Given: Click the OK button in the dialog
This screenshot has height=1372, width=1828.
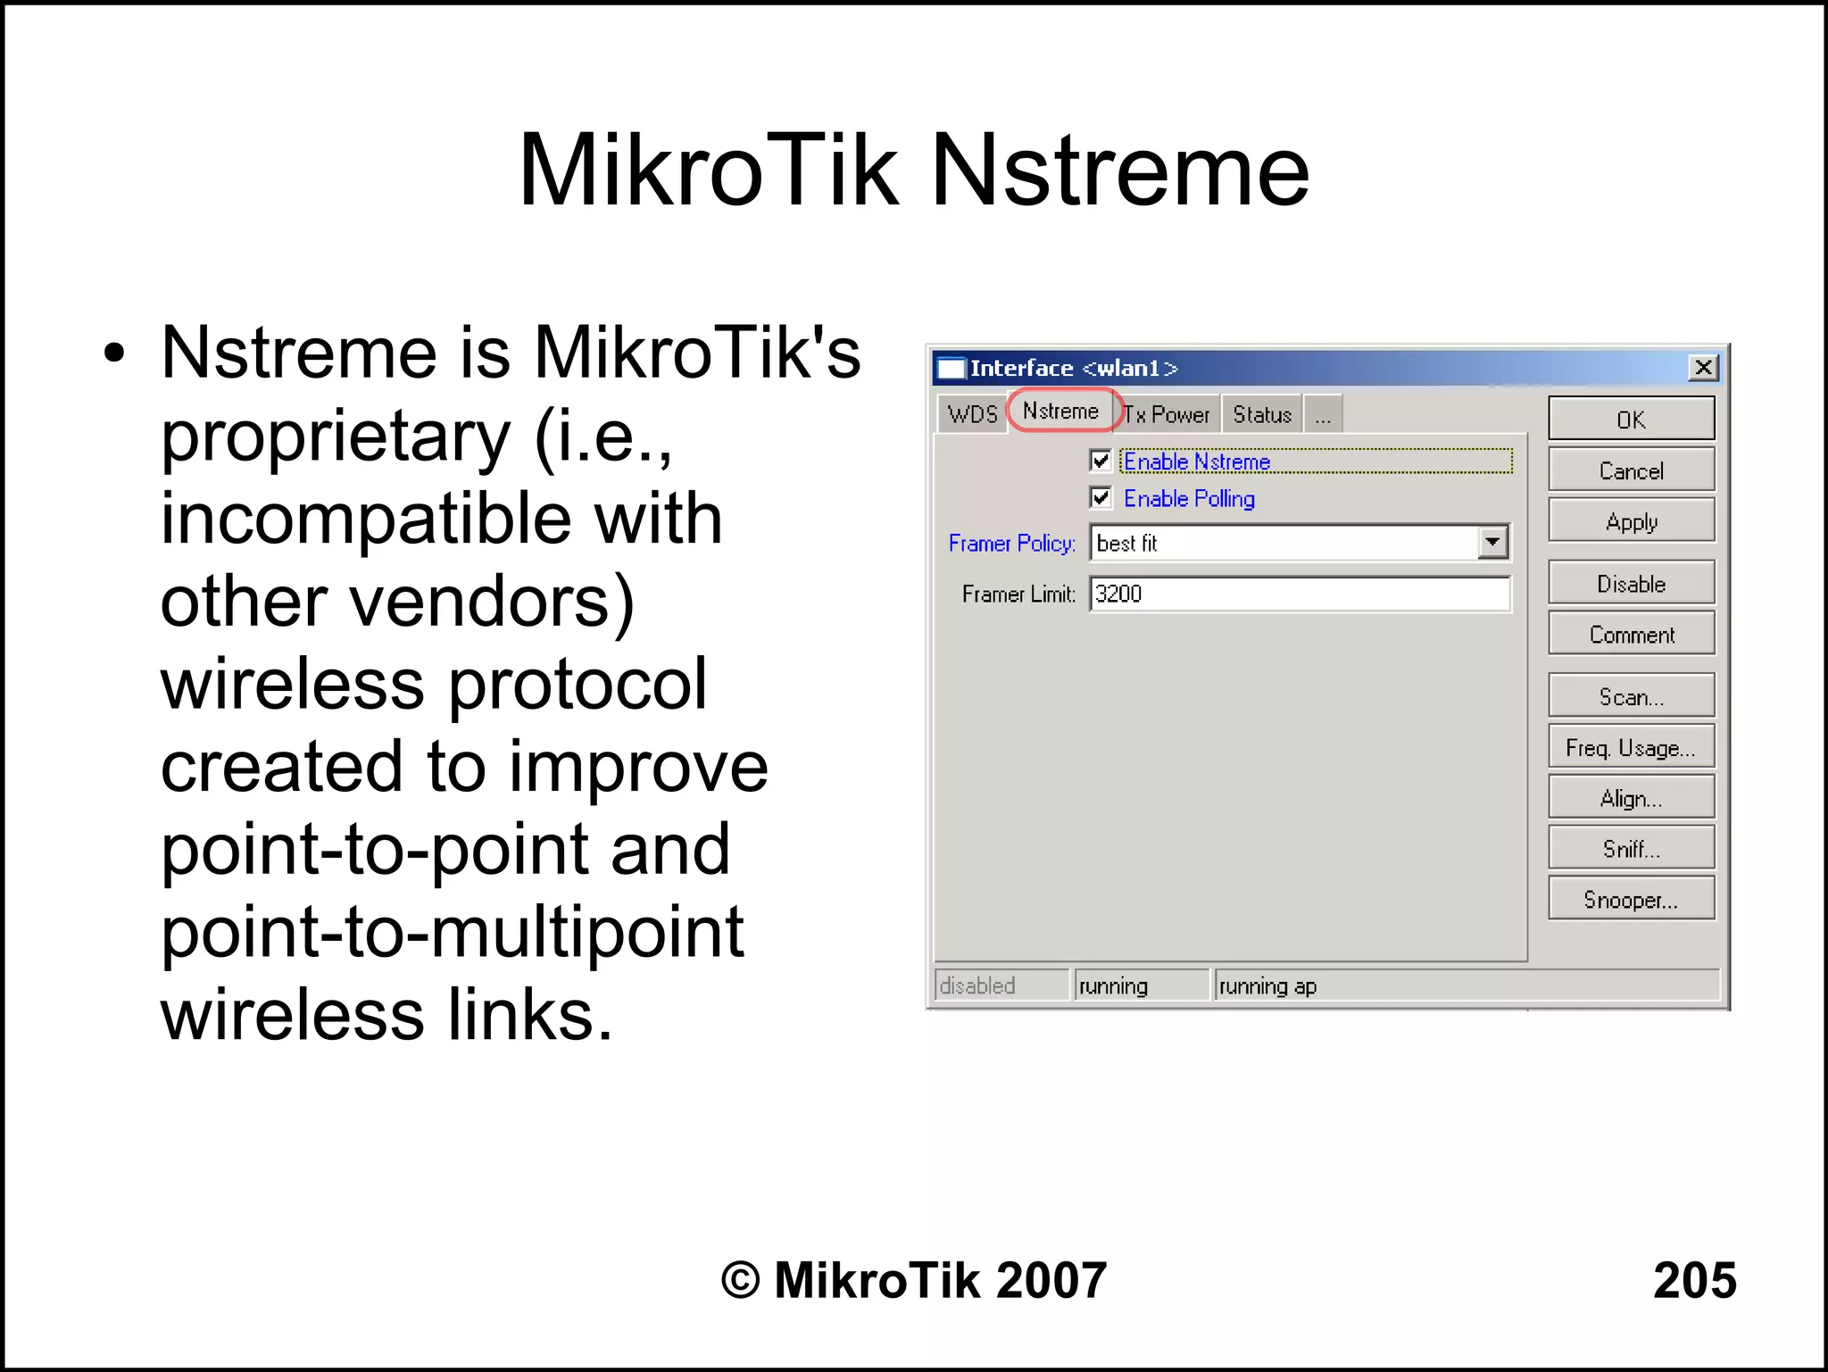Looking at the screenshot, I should coord(1630,419).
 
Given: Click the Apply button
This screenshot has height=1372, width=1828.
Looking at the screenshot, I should coord(1630,521).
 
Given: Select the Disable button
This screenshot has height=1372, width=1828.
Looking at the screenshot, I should coord(1630,584).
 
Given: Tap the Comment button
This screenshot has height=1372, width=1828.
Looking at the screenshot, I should coord(1630,635).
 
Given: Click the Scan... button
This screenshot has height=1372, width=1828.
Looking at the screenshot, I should coord(1630,696).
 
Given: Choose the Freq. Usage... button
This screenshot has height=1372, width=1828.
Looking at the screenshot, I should coord(1630,747).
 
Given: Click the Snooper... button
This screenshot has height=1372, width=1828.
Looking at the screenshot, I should coord(1630,899).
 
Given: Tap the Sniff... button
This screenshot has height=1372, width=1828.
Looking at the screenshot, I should coord(1630,849).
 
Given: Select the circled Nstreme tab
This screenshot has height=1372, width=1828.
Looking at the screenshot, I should coord(1060,412).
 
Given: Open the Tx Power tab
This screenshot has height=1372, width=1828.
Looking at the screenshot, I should coord(1167,415).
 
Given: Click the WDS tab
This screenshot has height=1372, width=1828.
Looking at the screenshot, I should coord(972,415).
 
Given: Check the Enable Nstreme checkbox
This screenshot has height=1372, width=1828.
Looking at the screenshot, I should coord(1101,461).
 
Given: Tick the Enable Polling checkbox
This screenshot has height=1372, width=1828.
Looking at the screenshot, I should coord(1101,497).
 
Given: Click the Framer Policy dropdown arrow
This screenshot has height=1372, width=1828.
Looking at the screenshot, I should coord(1491,543).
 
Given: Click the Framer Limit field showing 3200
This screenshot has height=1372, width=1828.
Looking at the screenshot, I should coord(1299,594).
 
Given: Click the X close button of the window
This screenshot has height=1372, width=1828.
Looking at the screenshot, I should coord(1703,368).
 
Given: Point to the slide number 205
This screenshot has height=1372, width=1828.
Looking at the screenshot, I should coord(1693,1280).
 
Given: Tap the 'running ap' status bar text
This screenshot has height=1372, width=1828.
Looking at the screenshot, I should coord(1267,986).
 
